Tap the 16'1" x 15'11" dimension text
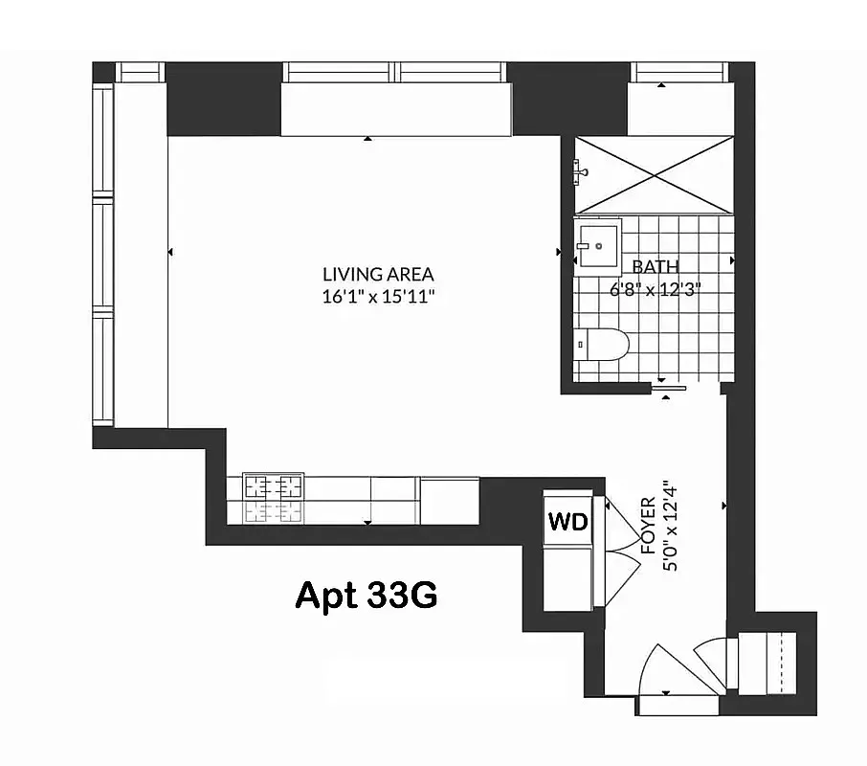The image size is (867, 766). click(378, 296)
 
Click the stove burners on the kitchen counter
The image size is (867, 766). click(273, 498)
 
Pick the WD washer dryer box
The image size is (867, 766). click(567, 522)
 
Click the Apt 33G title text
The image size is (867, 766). click(366, 595)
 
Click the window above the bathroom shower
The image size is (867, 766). click(678, 73)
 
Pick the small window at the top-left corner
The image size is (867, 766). click(141, 73)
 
